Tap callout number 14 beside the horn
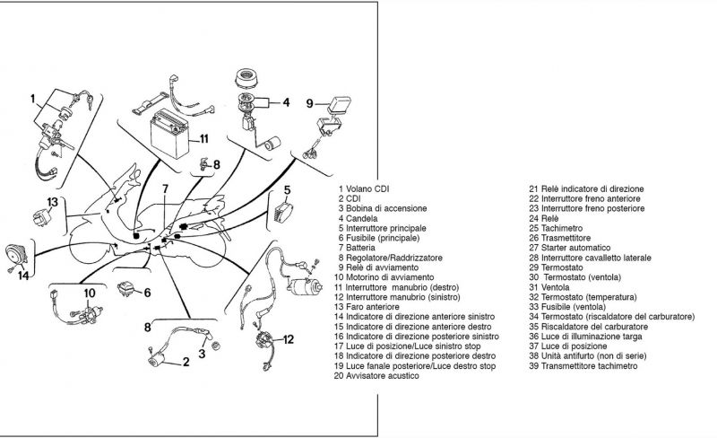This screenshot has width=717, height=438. (24, 276)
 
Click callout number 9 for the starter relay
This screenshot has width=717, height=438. (309, 103)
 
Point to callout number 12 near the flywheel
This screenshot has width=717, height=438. (288, 339)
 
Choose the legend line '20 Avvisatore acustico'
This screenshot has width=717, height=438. (376, 375)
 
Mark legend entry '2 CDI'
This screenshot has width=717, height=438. (350, 198)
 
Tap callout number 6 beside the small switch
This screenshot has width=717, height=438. (147, 293)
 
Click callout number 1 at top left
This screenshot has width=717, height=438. (32, 98)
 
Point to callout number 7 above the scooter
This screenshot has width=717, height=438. (165, 189)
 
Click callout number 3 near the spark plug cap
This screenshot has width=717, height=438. (202, 355)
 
